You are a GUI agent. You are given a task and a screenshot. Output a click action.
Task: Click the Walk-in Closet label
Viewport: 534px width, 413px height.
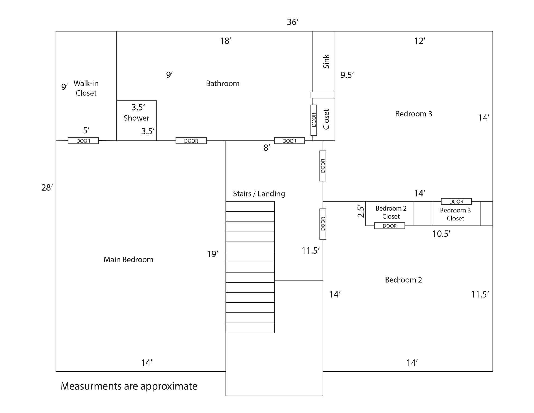(x=86, y=88)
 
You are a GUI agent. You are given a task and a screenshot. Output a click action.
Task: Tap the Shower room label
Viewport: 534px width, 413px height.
(x=136, y=118)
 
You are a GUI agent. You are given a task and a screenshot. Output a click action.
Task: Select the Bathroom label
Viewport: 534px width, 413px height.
(x=222, y=83)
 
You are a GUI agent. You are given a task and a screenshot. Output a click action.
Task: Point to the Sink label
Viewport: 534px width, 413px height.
(x=326, y=62)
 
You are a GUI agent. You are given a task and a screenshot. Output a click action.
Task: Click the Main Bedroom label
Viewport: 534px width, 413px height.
(x=128, y=259)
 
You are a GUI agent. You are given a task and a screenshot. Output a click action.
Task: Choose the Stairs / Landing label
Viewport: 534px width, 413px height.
(x=259, y=194)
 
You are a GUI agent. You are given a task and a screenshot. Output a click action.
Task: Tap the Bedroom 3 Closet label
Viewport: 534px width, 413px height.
(x=455, y=214)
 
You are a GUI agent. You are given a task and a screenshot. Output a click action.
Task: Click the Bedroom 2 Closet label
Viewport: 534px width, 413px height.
(x=391, y=212)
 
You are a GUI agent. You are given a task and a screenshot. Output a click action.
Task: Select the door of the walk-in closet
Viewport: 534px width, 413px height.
(x=83, y=141)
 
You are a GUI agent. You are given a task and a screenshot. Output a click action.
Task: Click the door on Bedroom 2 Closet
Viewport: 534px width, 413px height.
(x=389, y=226)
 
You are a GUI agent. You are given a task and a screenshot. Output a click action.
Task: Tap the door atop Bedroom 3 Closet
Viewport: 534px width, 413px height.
(x=456, y=201)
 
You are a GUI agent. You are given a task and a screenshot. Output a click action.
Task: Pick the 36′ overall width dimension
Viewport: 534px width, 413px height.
(x=293, y=22)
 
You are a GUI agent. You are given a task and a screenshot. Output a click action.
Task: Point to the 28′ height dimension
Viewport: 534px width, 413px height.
(x=47, y=188)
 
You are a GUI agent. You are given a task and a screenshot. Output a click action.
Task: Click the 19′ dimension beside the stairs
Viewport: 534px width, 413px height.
(x=212, y=254)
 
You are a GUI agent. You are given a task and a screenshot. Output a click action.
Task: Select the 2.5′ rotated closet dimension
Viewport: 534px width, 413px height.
(x=360, y=211)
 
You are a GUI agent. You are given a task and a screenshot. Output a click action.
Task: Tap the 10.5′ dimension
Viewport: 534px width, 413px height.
(x=441, y=234)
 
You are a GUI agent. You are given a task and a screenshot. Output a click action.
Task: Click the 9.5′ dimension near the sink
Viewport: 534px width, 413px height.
(x=347, y=75)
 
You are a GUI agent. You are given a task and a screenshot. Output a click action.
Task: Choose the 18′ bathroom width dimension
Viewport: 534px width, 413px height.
(x=226, y=41)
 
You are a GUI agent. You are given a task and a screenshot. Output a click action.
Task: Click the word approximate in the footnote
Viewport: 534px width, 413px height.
(x=169, y=386)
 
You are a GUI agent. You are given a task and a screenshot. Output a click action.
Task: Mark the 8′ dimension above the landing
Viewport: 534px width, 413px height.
(x=267, y=148)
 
